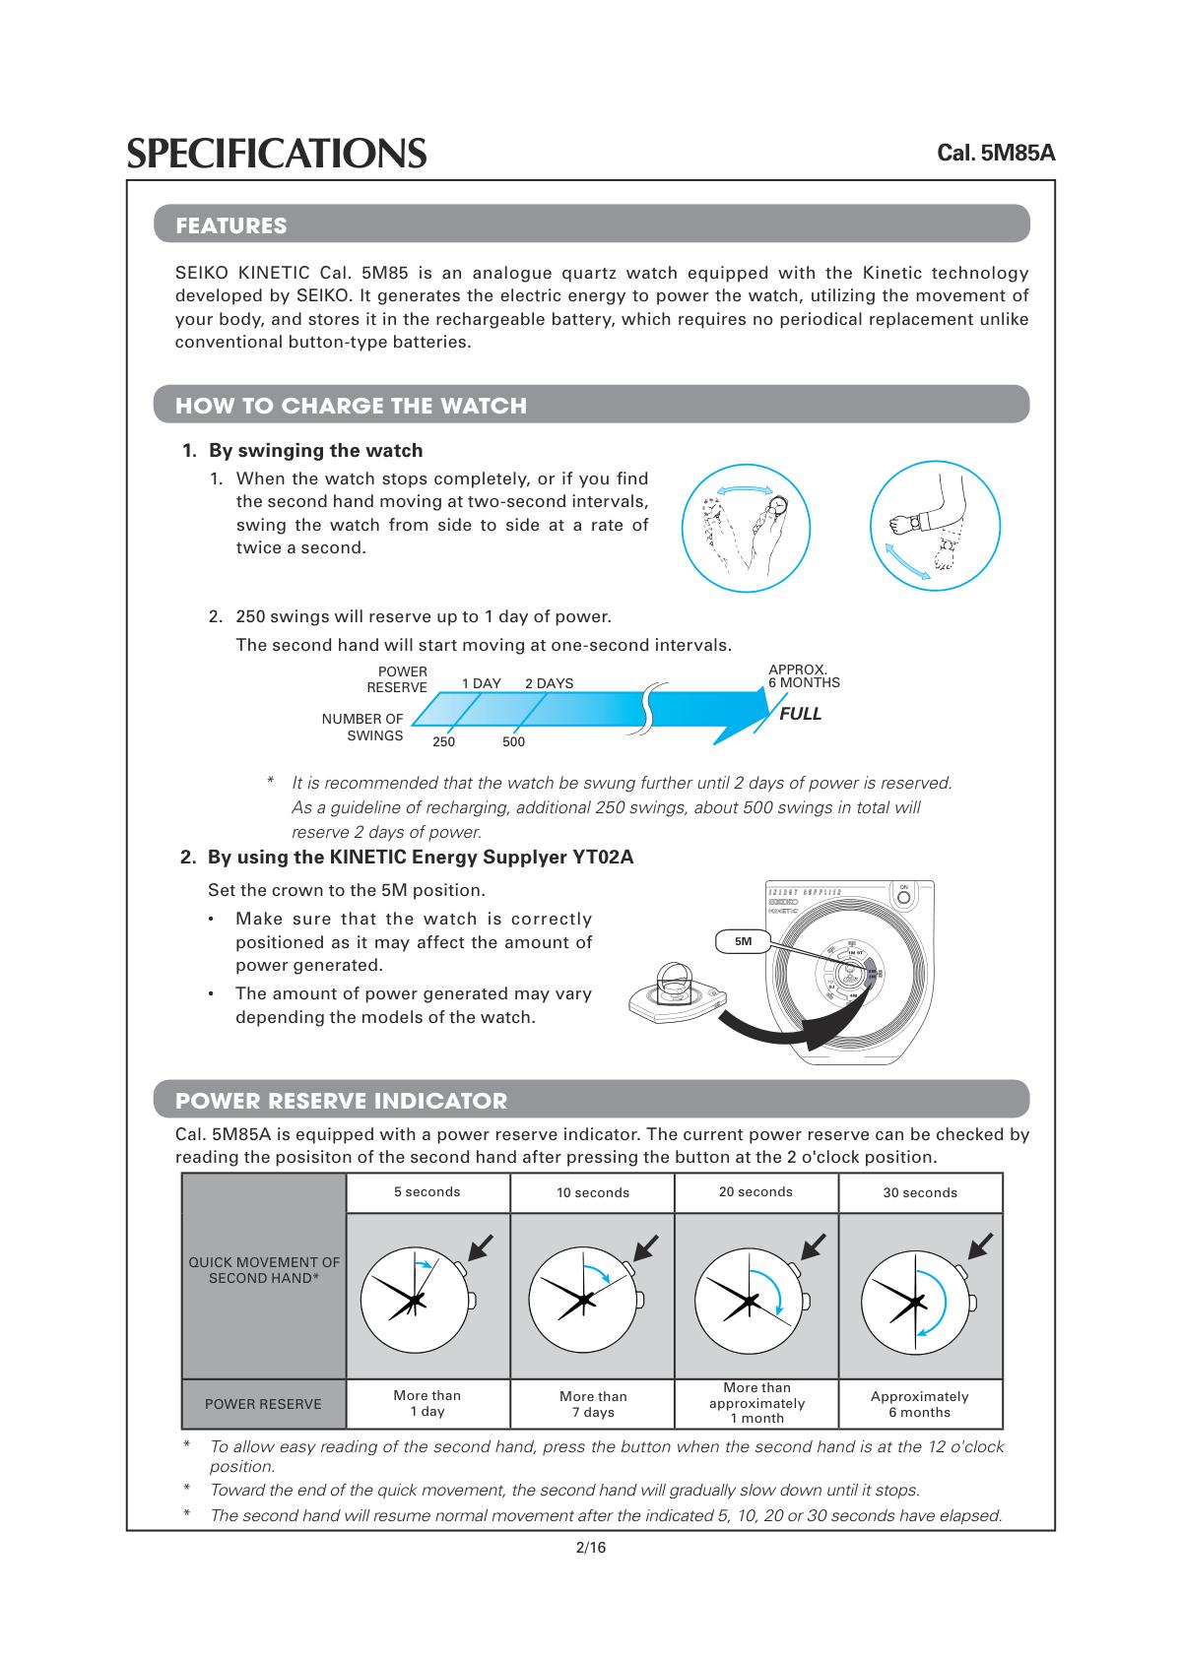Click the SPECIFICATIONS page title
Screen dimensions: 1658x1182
(x=277, y=154)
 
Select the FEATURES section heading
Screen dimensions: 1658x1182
(x=231, y=225)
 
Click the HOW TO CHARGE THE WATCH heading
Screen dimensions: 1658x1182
(x=351, y=406)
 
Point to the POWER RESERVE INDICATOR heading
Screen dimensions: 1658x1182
(x=341, y=1101)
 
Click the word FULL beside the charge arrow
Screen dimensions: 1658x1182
(x=800, y=714)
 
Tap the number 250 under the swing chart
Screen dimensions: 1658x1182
(x=443, y=742)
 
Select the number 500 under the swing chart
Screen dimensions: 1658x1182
(x=513, y=742)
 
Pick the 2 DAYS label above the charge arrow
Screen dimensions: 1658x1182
(x=549, y=683)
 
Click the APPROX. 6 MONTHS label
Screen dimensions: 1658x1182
(x=804, y=676)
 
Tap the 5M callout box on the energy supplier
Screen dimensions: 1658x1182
(x=744, y=941)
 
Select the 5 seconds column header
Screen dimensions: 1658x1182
(x=427, y=1192)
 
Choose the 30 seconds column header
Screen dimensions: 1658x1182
(x=920, y=1193)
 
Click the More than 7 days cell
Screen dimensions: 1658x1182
(x=593, y=1404)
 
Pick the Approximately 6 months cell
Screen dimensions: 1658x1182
(x=920, y=1404)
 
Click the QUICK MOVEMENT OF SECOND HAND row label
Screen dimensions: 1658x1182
(x=264, y=1270)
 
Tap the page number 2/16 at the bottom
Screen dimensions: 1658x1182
(x=591, y=1549)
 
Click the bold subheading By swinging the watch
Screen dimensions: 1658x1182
(x=315, y=451)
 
